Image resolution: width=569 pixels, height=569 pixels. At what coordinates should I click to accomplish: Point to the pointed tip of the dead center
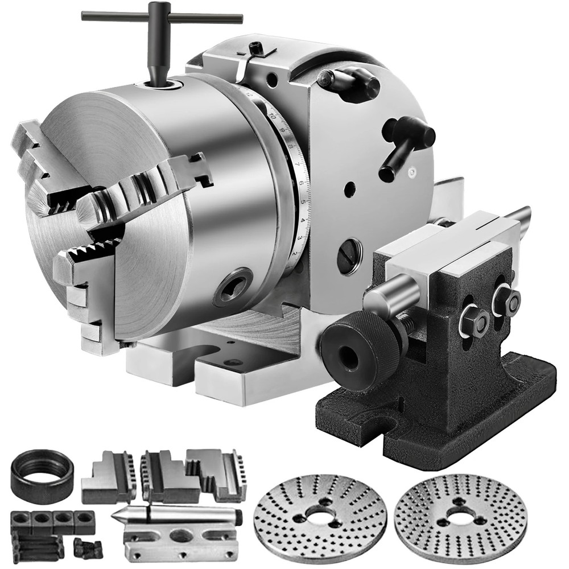point(121,519)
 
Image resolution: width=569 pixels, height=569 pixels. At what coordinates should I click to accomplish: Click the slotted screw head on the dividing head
point(349,255)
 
